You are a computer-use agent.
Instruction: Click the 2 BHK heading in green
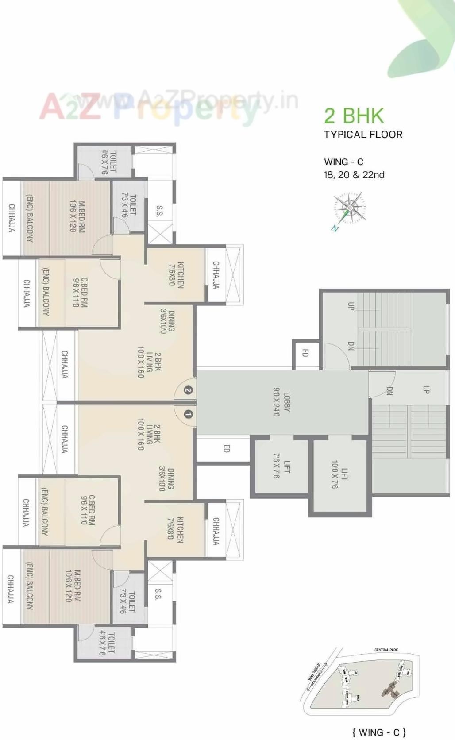click(x=354, y=116)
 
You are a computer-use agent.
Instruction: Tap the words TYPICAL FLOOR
click(x=363, y=135)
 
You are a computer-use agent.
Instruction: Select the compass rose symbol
click(x=349, y=208)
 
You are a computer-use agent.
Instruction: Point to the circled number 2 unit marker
click(x=188, y=390)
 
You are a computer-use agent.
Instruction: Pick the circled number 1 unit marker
click(x=188, y=414)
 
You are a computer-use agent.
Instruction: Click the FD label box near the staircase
click(x=305, y=353)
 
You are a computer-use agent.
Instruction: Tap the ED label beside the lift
click(x=226, y=449)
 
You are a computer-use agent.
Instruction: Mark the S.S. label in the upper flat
click(x=159, y=211)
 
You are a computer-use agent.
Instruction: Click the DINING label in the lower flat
click(x=166, y=479)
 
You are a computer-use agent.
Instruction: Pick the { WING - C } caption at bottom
click(x=379, y=732)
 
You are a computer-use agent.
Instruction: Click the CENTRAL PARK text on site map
click(x=386, y=650)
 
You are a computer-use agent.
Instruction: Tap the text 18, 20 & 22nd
click(x=354, y=175)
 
